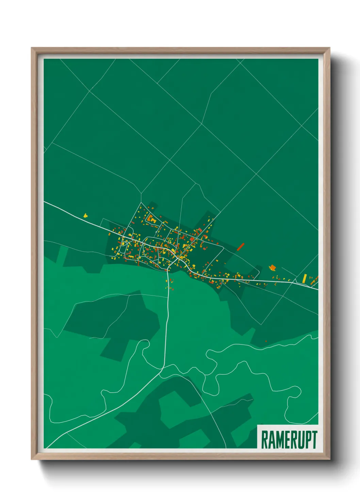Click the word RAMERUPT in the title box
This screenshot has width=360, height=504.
point(289,440)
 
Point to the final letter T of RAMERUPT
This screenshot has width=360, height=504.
point(314,440)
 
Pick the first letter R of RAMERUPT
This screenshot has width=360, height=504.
point(264,440)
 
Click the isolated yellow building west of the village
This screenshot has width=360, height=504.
point(85,215)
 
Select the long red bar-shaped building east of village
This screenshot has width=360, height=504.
point(241,246)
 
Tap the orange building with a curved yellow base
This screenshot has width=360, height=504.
point(272,268)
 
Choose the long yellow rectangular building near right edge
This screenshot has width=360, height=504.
point(305,278)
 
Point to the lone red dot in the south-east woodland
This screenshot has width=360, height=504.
point(266,341)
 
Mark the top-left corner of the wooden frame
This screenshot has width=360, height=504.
point(32,48)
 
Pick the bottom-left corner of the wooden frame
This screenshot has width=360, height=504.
point(32,459)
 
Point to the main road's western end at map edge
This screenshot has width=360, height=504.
point(45,202)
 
